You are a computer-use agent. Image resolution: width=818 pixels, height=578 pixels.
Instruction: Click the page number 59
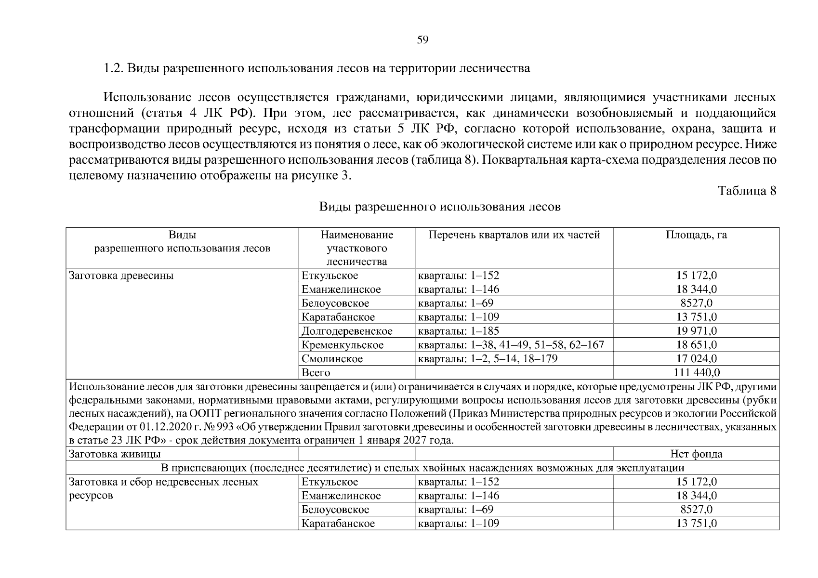coord(422,40)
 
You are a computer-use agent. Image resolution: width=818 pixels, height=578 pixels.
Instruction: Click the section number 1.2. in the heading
coord(114,68)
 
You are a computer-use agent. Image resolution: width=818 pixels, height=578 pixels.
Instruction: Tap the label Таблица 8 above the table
coord(747,191)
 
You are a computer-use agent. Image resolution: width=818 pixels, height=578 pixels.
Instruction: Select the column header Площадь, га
coord(696,235)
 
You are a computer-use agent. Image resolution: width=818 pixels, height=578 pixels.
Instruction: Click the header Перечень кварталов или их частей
coord(514,235)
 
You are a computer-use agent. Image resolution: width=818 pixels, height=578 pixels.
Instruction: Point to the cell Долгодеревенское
coord(347,331)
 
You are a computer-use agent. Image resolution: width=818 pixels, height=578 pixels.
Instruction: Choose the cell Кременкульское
coord(343,345)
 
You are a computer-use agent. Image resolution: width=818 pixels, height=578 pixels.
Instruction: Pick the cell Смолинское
coord(332,359)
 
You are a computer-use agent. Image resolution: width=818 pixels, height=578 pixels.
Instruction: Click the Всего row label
coord(316,373)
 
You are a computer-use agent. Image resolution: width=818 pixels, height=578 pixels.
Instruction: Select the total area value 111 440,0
coord(697,373)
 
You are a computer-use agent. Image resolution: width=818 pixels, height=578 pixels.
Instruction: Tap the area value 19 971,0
coord(697,331)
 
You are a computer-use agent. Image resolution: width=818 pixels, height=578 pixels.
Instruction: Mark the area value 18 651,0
coord(697,345)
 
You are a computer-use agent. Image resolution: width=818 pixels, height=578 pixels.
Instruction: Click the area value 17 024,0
coord(697,359)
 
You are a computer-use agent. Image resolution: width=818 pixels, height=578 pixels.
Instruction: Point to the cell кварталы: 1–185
coord(459,331)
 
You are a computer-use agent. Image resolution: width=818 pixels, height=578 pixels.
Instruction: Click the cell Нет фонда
coord(696,454)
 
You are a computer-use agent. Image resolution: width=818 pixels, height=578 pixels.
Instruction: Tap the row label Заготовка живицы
coord(115,454)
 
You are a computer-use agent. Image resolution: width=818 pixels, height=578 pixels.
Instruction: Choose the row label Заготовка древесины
coord(121,276)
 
